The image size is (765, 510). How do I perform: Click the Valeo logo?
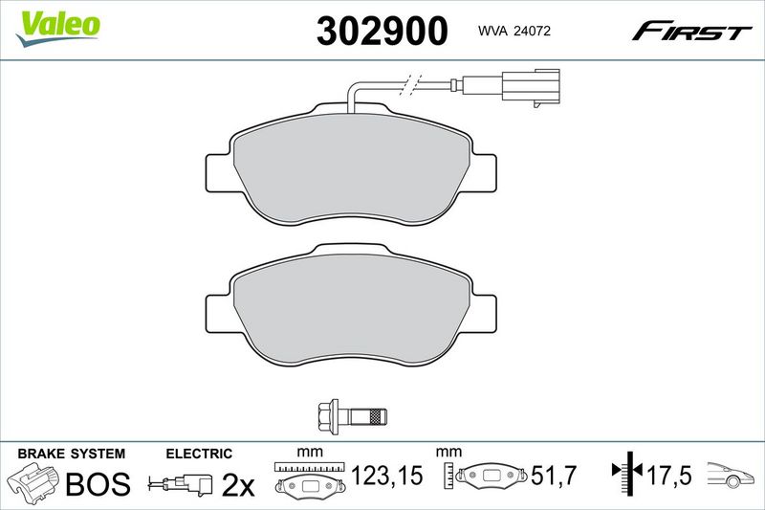57,29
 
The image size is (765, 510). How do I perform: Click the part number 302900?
382,31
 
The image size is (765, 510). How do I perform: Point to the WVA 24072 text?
514,31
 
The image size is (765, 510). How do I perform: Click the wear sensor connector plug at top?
532,88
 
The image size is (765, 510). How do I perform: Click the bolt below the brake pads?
352,416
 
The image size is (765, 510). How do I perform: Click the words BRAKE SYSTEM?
71,454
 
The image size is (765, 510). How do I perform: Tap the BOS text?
98,483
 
